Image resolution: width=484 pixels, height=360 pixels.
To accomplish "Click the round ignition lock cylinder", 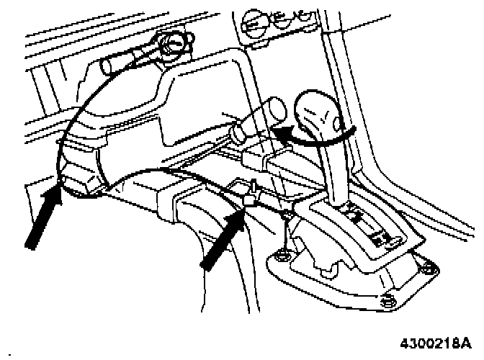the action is (174, 45).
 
